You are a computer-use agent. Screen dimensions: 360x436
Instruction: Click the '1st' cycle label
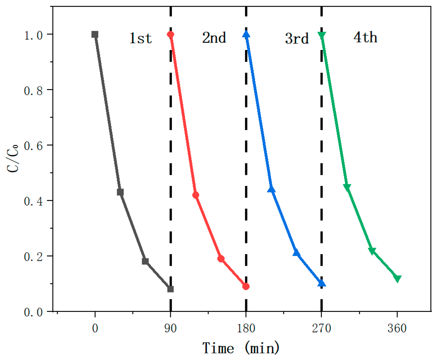coord(140,38)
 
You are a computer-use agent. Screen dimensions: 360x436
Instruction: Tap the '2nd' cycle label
coord(214,38)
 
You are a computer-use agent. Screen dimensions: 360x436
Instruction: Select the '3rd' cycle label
coord(297,39)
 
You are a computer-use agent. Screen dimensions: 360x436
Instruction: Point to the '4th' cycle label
coord(365,37)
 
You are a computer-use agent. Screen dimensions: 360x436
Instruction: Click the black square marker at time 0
coord(95,34)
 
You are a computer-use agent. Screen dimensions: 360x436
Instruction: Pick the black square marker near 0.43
coord(120,192)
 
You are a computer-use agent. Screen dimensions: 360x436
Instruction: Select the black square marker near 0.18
coord(145,261)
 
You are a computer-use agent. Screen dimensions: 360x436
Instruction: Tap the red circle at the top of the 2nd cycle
coord(170,34)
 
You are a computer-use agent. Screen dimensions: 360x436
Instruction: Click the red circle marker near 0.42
coord(196,195)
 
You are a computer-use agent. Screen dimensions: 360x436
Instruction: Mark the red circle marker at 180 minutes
coord(246,286)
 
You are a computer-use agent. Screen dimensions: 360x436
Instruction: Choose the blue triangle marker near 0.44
coord(271,189)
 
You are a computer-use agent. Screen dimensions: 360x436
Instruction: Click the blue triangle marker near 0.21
coord(296,253)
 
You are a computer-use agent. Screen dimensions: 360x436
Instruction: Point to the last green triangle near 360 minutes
coord(397,278)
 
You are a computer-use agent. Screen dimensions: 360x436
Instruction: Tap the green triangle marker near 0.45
coord(347,187)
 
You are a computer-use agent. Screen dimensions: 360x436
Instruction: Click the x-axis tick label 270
coord(321,328)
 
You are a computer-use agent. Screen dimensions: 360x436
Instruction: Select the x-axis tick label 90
coord(170,328)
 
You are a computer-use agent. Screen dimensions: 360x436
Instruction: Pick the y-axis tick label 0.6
coord(33,146)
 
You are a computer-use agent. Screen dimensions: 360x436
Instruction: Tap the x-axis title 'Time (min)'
coord(241,348)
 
